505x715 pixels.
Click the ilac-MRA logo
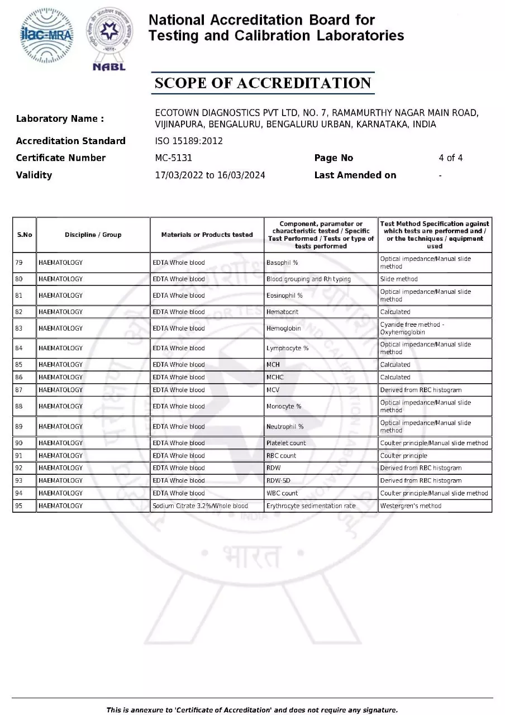click(46, 36)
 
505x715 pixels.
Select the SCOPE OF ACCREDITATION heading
click(263, 83)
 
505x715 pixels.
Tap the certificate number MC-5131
click(173, 158)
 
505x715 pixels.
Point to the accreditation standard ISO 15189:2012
click(188, 141)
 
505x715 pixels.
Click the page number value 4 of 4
click(450, 158)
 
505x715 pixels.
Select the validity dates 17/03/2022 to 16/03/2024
click(209, 175)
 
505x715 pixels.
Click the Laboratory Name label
click(60, 118)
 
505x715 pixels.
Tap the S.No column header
click(25, 235)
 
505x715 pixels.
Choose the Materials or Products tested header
click(207, 235)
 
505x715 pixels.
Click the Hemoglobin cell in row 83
click(283, 328)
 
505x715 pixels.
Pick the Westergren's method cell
click(411, 506)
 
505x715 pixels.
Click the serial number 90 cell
click(20, 443)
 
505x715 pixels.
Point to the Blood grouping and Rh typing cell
click(308, 279)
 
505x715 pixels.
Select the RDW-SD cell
click(278, 481)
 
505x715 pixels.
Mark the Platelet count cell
click(286, 443)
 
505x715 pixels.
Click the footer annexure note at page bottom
click(252, 710)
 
